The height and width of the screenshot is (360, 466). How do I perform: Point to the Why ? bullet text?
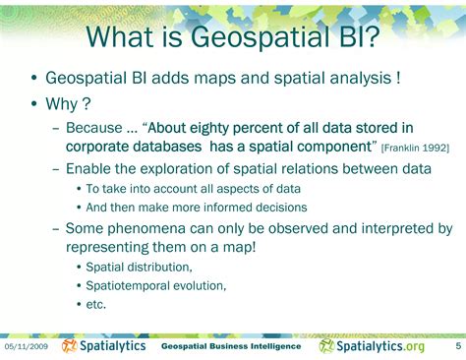click(x=67, y=105)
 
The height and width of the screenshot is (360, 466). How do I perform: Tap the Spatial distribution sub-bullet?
click(x=139, y=267)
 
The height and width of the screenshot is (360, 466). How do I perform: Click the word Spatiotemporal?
click(x=128, y=285)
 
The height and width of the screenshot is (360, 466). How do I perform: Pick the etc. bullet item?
click(x=95, y=304)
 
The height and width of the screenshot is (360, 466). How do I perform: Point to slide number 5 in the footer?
click(x=457, y=347)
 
